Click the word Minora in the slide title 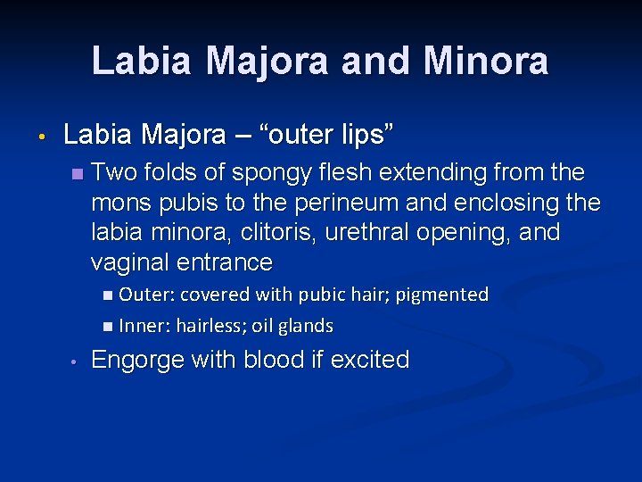487,61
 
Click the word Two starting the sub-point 113,171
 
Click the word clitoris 284,232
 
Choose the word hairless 210,326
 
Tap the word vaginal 131,262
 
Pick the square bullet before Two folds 78,172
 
